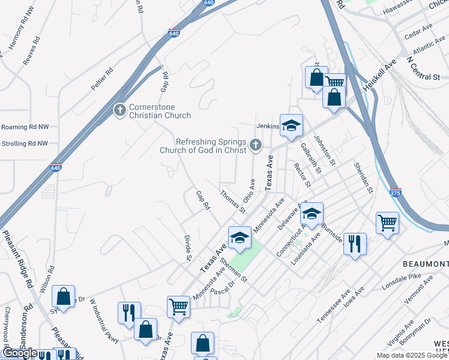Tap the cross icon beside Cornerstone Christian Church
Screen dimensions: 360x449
click(119, 110)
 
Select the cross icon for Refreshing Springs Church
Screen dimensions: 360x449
click(256, 145)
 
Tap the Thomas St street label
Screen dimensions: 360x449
click(233, 202)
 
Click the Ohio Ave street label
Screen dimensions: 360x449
click(249, 190)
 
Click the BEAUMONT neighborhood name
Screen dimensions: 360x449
click(424, 264)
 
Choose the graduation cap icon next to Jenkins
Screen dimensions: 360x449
click(291, 126)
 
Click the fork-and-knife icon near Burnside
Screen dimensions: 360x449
click(355, 244)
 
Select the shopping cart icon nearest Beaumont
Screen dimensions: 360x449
click(388, 223)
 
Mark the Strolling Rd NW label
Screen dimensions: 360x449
click(24, 143)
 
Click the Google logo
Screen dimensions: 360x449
click(20, 353)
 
